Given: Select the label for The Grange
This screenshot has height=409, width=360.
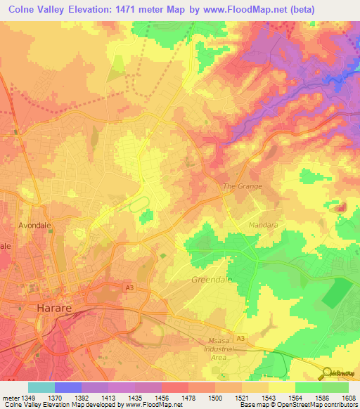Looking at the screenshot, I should click(242, 186).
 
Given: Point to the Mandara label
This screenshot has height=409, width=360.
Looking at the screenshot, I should click(264, 225).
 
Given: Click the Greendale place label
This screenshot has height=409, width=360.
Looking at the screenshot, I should click(211, 280).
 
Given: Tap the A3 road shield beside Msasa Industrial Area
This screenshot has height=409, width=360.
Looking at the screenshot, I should click(241, 339).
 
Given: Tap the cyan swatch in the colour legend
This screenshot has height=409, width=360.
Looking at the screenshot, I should click(41, 387).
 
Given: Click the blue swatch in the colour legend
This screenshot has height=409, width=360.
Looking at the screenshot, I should click(68, 387).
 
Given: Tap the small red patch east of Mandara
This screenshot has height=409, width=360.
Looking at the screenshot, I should click(341, 207).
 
